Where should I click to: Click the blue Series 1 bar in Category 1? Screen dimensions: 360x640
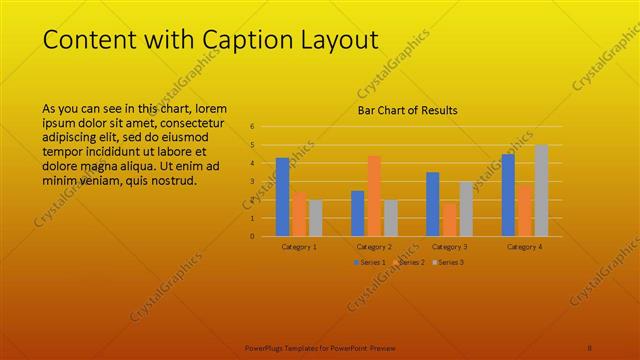(x=282, y=197)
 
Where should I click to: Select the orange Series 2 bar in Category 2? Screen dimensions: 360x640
(x=374, y=196)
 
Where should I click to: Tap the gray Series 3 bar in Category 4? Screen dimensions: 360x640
(x=541, y=190)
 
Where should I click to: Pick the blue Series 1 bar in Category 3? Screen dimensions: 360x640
(x=432, y=204)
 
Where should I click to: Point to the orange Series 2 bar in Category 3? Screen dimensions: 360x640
(x=449, y=220)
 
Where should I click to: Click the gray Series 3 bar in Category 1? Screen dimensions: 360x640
(x=316, y=218)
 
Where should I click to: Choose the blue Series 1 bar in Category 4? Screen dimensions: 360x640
(x=508, y=195)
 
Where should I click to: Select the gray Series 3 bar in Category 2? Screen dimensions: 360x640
(x=391, y=218)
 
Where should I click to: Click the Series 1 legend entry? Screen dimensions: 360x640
(x=369, y=262)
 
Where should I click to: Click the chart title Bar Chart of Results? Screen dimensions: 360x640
(x=408, y=110)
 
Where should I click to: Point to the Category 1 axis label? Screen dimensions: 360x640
(x=299, y=246)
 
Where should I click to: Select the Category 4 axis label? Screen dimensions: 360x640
(x=524, y=246)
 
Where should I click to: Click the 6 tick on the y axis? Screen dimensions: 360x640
(x=252, y=127)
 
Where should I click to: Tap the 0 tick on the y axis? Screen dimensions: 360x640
(x=252, y=236)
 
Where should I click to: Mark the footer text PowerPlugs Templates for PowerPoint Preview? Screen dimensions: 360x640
(x=320, y=348)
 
